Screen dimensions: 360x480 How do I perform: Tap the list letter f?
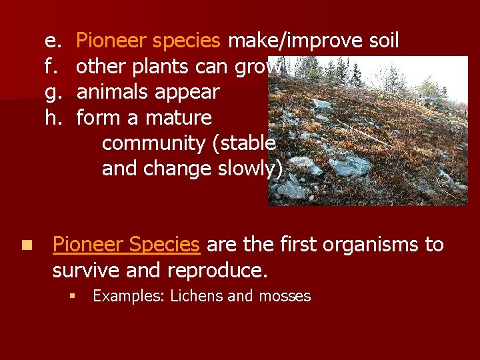pyautogui.click(x=49, y=67)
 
